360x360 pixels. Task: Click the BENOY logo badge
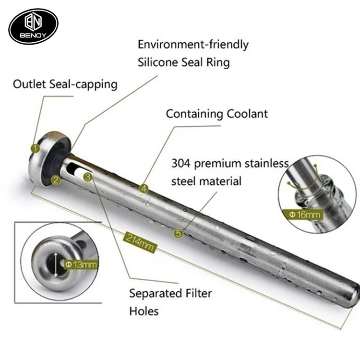pyautogui.click(x=34, y=26)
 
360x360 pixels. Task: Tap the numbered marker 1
pyautogui.click(x=35, y=148)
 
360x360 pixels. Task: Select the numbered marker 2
pyautogui.click(x=56, y=180)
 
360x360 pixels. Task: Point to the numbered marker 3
pyautogui.click(x=87, y=177)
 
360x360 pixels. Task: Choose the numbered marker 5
pyautogui.click(x=179, y=234)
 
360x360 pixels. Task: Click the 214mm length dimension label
pyautogui.click(x=141, y=241)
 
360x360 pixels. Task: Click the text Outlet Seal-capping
pyautogui.click(x=65, y=84)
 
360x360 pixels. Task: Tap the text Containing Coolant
pyautogui.click(x=217, y=114)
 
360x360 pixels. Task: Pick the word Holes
pyautogui.click(x=144, y=311)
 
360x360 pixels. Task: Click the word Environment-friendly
pyautogui.click(x=193, y=45)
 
